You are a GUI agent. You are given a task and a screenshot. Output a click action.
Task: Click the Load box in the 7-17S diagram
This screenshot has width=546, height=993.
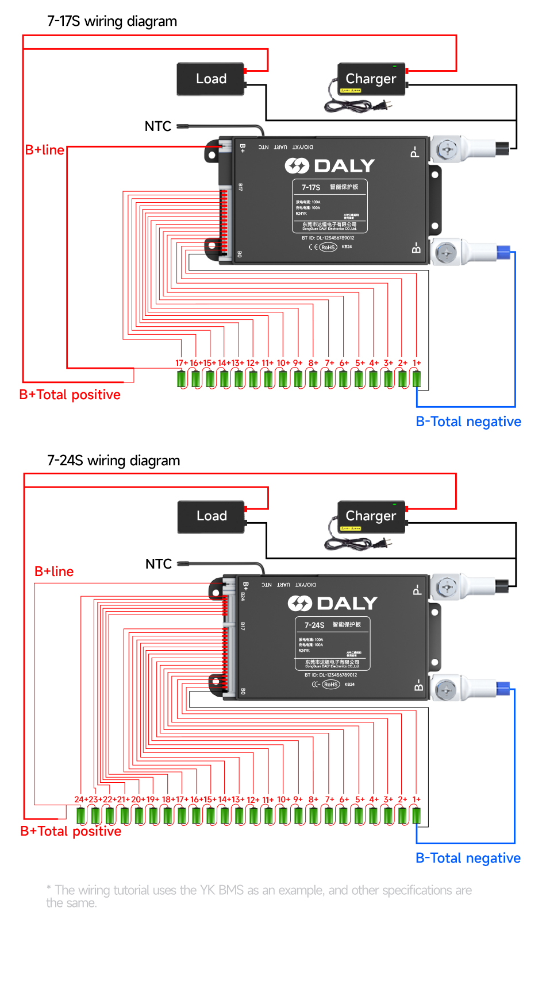click(x=211, y=79)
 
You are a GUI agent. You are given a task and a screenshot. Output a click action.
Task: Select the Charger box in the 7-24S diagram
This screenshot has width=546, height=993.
click(x=371, y=516)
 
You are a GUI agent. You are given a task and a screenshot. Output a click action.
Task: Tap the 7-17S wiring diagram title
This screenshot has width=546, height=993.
click(x=112, y=21)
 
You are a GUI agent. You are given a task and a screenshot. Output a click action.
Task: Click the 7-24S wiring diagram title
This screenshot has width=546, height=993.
click(x=113, y=461)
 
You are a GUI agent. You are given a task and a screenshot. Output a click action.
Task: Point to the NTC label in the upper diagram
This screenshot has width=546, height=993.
click(x=158, y=126)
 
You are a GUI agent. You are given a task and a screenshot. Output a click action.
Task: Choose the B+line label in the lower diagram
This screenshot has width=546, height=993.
click(x=54, y=571)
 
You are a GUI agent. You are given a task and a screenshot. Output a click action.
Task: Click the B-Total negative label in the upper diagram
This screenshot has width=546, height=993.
click(x=468, y=422)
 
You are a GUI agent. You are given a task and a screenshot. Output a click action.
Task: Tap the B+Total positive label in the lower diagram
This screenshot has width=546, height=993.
click(x=71, y=831)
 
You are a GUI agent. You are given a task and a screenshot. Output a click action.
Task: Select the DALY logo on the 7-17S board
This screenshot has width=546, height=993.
click(x=330, y=166)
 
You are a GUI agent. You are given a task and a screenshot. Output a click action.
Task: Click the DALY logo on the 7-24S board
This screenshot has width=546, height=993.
click(x=333, y=604)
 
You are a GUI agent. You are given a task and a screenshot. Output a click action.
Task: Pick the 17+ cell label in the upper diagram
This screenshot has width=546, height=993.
click(x=181, y=363)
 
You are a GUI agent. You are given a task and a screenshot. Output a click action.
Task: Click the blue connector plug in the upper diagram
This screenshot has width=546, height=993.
click(x=503, y=252)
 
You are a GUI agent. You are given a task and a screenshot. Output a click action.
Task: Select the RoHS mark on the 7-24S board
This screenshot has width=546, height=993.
click(x=330, y=685)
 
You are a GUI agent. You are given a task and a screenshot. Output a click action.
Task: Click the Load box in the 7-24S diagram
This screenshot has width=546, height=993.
click(x=212, y=516)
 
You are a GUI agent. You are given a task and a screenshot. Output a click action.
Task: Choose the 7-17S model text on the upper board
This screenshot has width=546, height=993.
click(x=311, y=187)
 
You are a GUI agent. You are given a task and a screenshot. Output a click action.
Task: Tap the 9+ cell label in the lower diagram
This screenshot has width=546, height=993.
click(x=298, y=799)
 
